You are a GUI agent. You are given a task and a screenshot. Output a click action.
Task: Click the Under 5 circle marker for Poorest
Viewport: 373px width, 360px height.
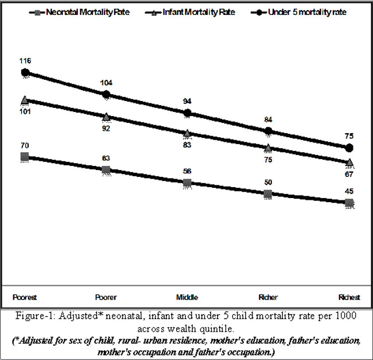25,72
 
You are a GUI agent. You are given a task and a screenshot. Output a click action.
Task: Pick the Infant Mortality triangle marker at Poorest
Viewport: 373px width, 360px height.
25,100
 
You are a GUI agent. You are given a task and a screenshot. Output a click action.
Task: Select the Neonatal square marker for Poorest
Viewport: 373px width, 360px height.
25,156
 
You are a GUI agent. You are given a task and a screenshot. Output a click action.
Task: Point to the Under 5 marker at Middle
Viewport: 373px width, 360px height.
187,113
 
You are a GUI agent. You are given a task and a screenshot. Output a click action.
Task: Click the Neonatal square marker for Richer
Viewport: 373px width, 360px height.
268,194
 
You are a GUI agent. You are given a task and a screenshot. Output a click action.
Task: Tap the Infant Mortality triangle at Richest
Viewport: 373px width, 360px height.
349,162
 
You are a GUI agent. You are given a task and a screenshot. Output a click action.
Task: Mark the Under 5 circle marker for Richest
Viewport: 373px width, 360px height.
349,148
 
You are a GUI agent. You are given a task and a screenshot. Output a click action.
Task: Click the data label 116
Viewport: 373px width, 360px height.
25,60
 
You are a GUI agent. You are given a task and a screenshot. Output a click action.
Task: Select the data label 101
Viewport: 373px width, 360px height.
25,111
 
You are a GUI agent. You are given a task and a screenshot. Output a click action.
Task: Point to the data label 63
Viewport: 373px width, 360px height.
106,158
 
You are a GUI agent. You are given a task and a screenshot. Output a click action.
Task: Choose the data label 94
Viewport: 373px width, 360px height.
187,101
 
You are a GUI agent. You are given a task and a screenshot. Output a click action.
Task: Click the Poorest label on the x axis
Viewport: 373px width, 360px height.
25,297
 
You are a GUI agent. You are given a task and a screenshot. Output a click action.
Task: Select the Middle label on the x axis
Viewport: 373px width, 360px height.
187,297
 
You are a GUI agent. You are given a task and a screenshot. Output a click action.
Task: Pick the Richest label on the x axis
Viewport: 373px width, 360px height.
349,297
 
